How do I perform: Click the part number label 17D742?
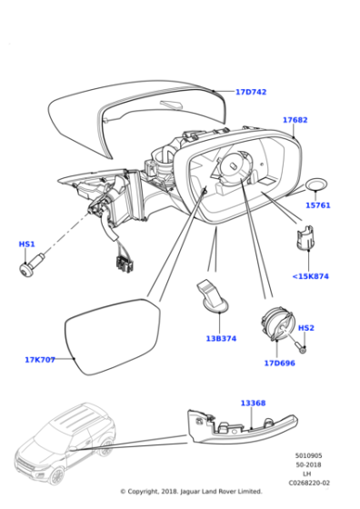(x=251, y=93)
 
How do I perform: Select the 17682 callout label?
(x=295, y=120)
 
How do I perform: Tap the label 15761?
(x=317, y=205)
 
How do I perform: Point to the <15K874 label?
(x=311, y=276)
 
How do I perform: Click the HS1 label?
(x=26, y=245)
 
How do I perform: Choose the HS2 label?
(x=306, y=328)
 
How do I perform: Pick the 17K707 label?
(x=40, y=360)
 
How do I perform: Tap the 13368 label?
(x=254, y=403)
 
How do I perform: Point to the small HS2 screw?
(x=301, y=344)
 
